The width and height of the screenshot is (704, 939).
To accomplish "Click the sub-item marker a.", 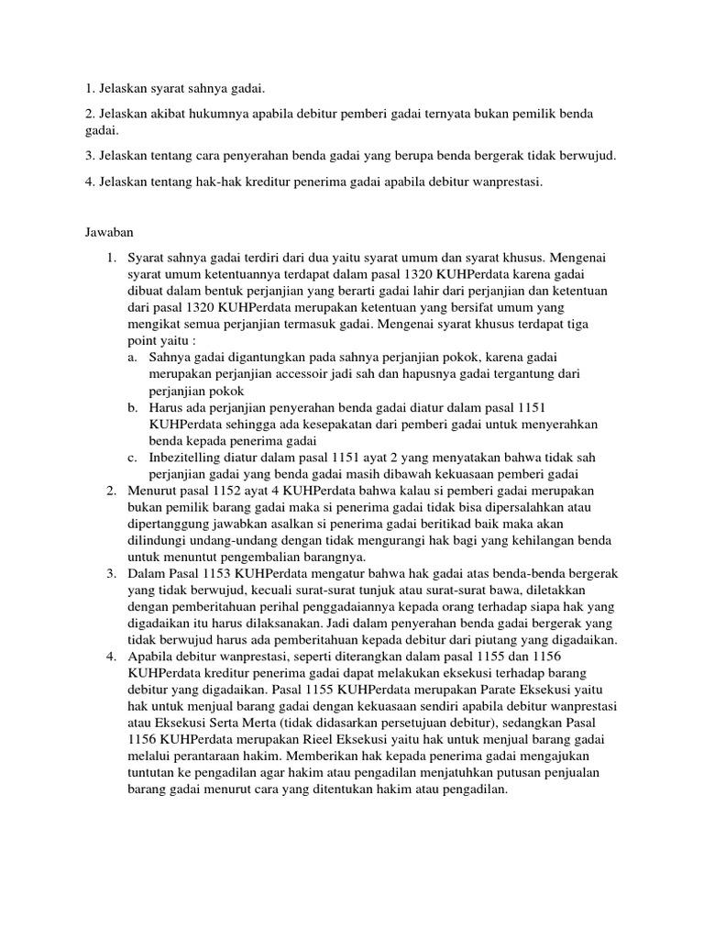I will coord(133,358).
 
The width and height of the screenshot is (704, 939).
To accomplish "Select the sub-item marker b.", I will coord(133,407).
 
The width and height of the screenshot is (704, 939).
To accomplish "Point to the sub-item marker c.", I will coord(133,457).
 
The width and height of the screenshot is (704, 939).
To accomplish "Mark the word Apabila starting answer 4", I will coord(150,656).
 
